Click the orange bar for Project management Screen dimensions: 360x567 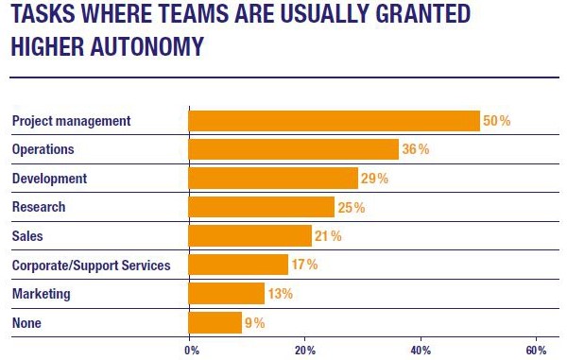point(335,121)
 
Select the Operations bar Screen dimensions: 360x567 point(294,149)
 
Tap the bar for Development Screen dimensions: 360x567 point(273,179)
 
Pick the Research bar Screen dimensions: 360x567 point(262,207)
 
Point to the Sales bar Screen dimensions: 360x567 point(250,236)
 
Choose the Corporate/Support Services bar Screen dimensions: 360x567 point(238,265)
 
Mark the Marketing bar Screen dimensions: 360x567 point(227,294)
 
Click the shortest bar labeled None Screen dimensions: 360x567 point(215,322)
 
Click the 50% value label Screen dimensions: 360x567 point(497,121)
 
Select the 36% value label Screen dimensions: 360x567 point(416,149)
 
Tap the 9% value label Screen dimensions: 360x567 point(255,322)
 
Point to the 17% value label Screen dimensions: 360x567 point(304,265)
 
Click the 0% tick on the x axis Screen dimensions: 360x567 point(191,350)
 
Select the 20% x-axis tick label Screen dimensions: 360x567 point(304,350)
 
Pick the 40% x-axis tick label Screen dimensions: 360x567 point(421,350)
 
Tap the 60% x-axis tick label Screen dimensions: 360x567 point(536,350)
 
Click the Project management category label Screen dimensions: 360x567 point(71,121)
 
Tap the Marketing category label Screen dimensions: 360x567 point(42,294)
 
